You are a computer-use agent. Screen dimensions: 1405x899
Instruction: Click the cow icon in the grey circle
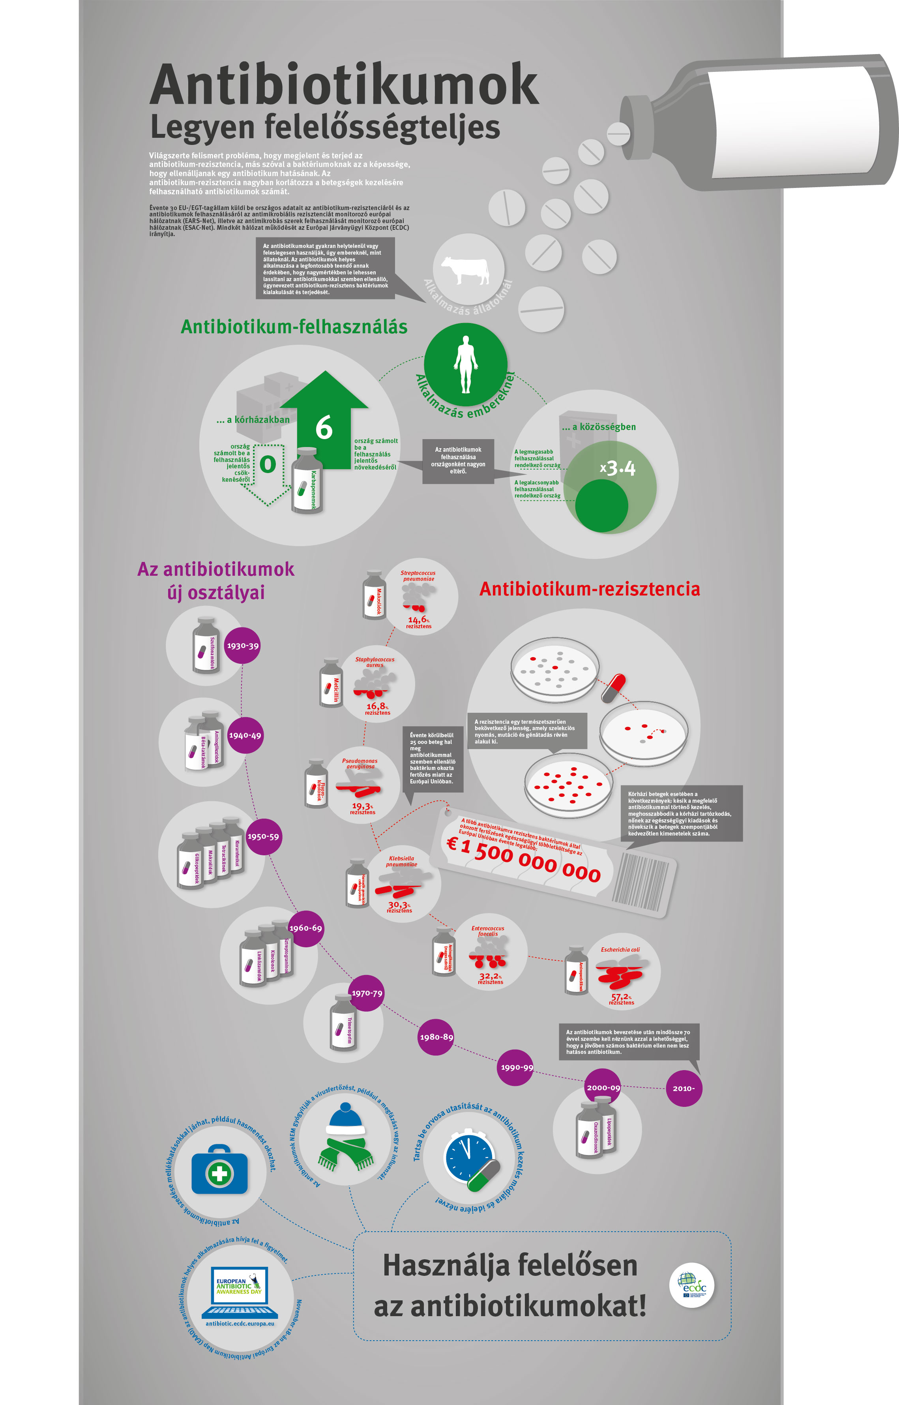(465, 270)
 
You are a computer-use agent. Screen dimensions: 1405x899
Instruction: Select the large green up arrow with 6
(324, 421)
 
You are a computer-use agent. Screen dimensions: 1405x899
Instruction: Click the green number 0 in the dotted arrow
(268, 464)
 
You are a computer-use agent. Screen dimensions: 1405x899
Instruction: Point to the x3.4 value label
(618, 468)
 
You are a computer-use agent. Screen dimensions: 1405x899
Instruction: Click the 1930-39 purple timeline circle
(242, 646)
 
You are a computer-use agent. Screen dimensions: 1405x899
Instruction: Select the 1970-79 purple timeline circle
(367, 993)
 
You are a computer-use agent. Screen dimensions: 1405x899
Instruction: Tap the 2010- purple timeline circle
(684, 1088)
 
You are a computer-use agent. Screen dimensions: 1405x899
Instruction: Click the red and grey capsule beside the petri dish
(614, 687)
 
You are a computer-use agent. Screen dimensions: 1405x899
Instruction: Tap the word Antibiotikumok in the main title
(345, 85)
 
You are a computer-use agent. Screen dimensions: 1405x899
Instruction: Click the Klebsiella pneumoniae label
(402, 861)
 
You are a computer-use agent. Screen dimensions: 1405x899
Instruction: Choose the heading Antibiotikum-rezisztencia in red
(590, 589)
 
